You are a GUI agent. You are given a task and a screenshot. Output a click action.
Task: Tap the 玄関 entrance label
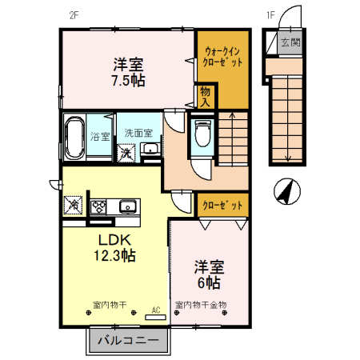290,43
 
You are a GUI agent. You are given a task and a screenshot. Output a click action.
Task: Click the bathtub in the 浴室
74,138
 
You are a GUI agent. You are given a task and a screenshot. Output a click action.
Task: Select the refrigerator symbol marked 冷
74,206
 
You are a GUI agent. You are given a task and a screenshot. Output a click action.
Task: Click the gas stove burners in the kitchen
99,206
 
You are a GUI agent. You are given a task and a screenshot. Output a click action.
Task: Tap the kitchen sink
129,206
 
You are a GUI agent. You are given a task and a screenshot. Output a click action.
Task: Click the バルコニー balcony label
129,341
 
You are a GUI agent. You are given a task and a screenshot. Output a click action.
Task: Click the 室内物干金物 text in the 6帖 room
201,305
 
